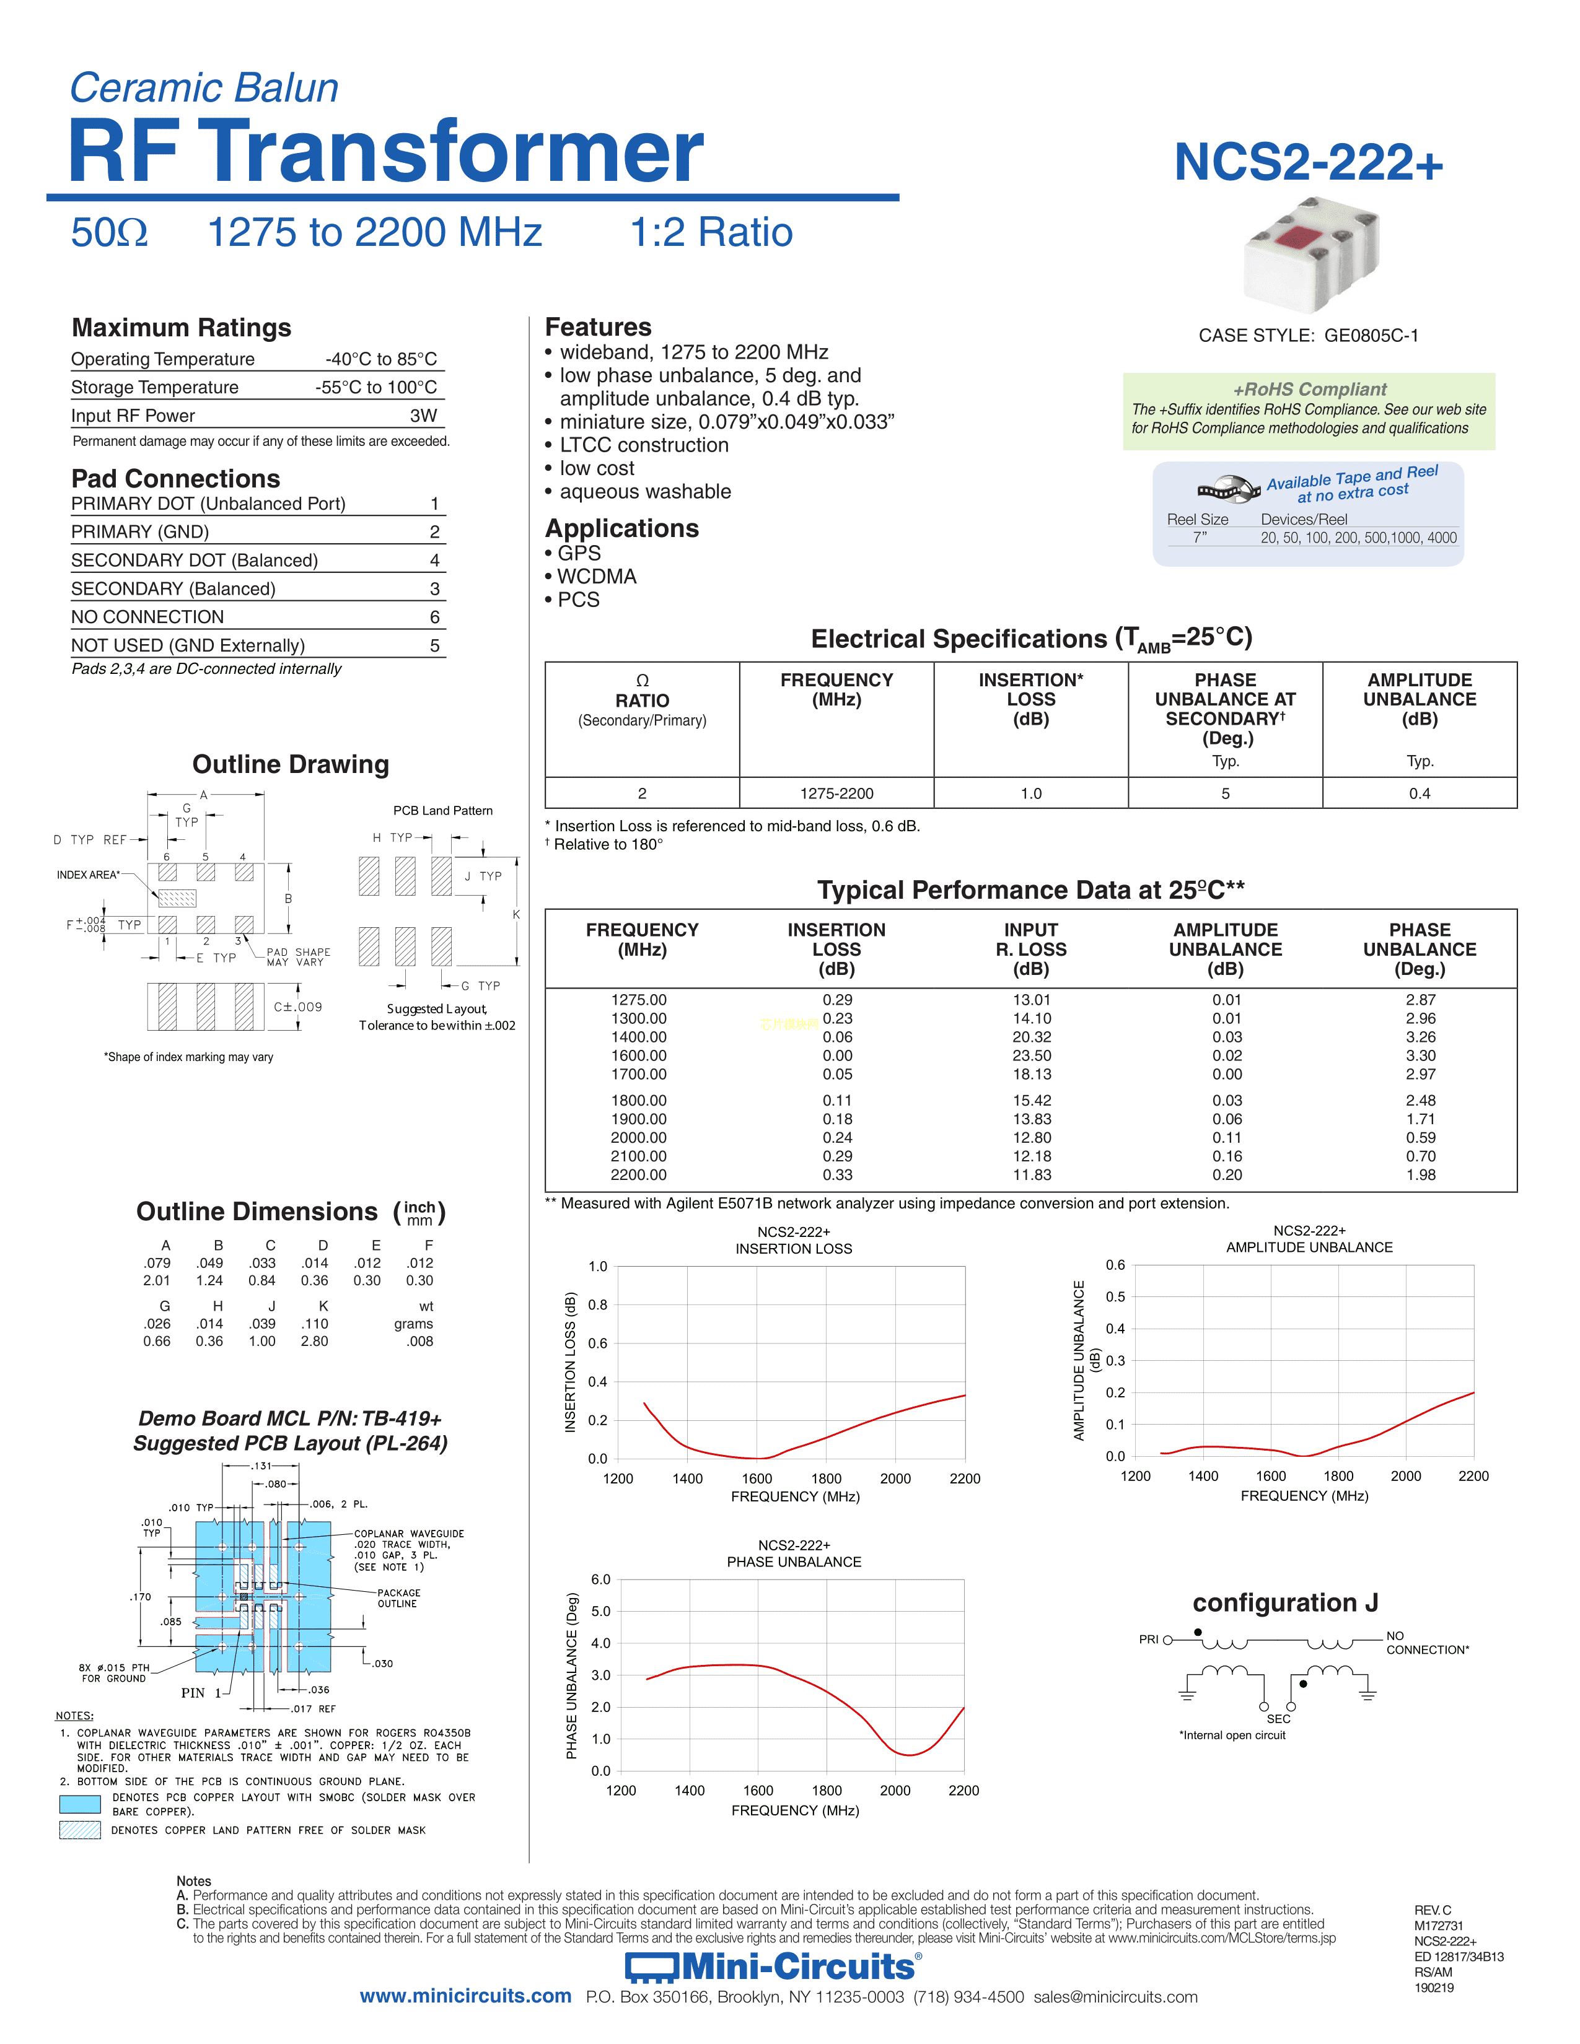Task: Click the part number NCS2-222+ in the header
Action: tap(1307, 163)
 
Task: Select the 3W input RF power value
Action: tap(423, 416)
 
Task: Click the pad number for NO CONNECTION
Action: tap(434, 617)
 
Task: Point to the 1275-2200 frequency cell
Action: tap(836, 793)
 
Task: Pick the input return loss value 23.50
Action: tap(1032, 1055)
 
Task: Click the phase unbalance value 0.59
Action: tap(1420, 1138)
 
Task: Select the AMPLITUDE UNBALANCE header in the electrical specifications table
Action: tap(1419, 699)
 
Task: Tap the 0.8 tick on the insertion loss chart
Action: tap(597, 1304)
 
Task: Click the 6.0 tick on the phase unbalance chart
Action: tap(600, 1580)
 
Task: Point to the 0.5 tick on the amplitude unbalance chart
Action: tap(1115, 1297)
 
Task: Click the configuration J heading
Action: tap(1284, 1603)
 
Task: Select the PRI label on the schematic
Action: tap(1149, 1640)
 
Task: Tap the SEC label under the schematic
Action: tap(1278, 1719)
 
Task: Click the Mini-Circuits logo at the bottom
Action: tap(773, 1967)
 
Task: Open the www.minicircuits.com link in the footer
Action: tap(465, 1996)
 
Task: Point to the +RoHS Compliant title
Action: tap(1309, 390)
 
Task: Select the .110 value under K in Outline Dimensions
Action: tap(315, 1324)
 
